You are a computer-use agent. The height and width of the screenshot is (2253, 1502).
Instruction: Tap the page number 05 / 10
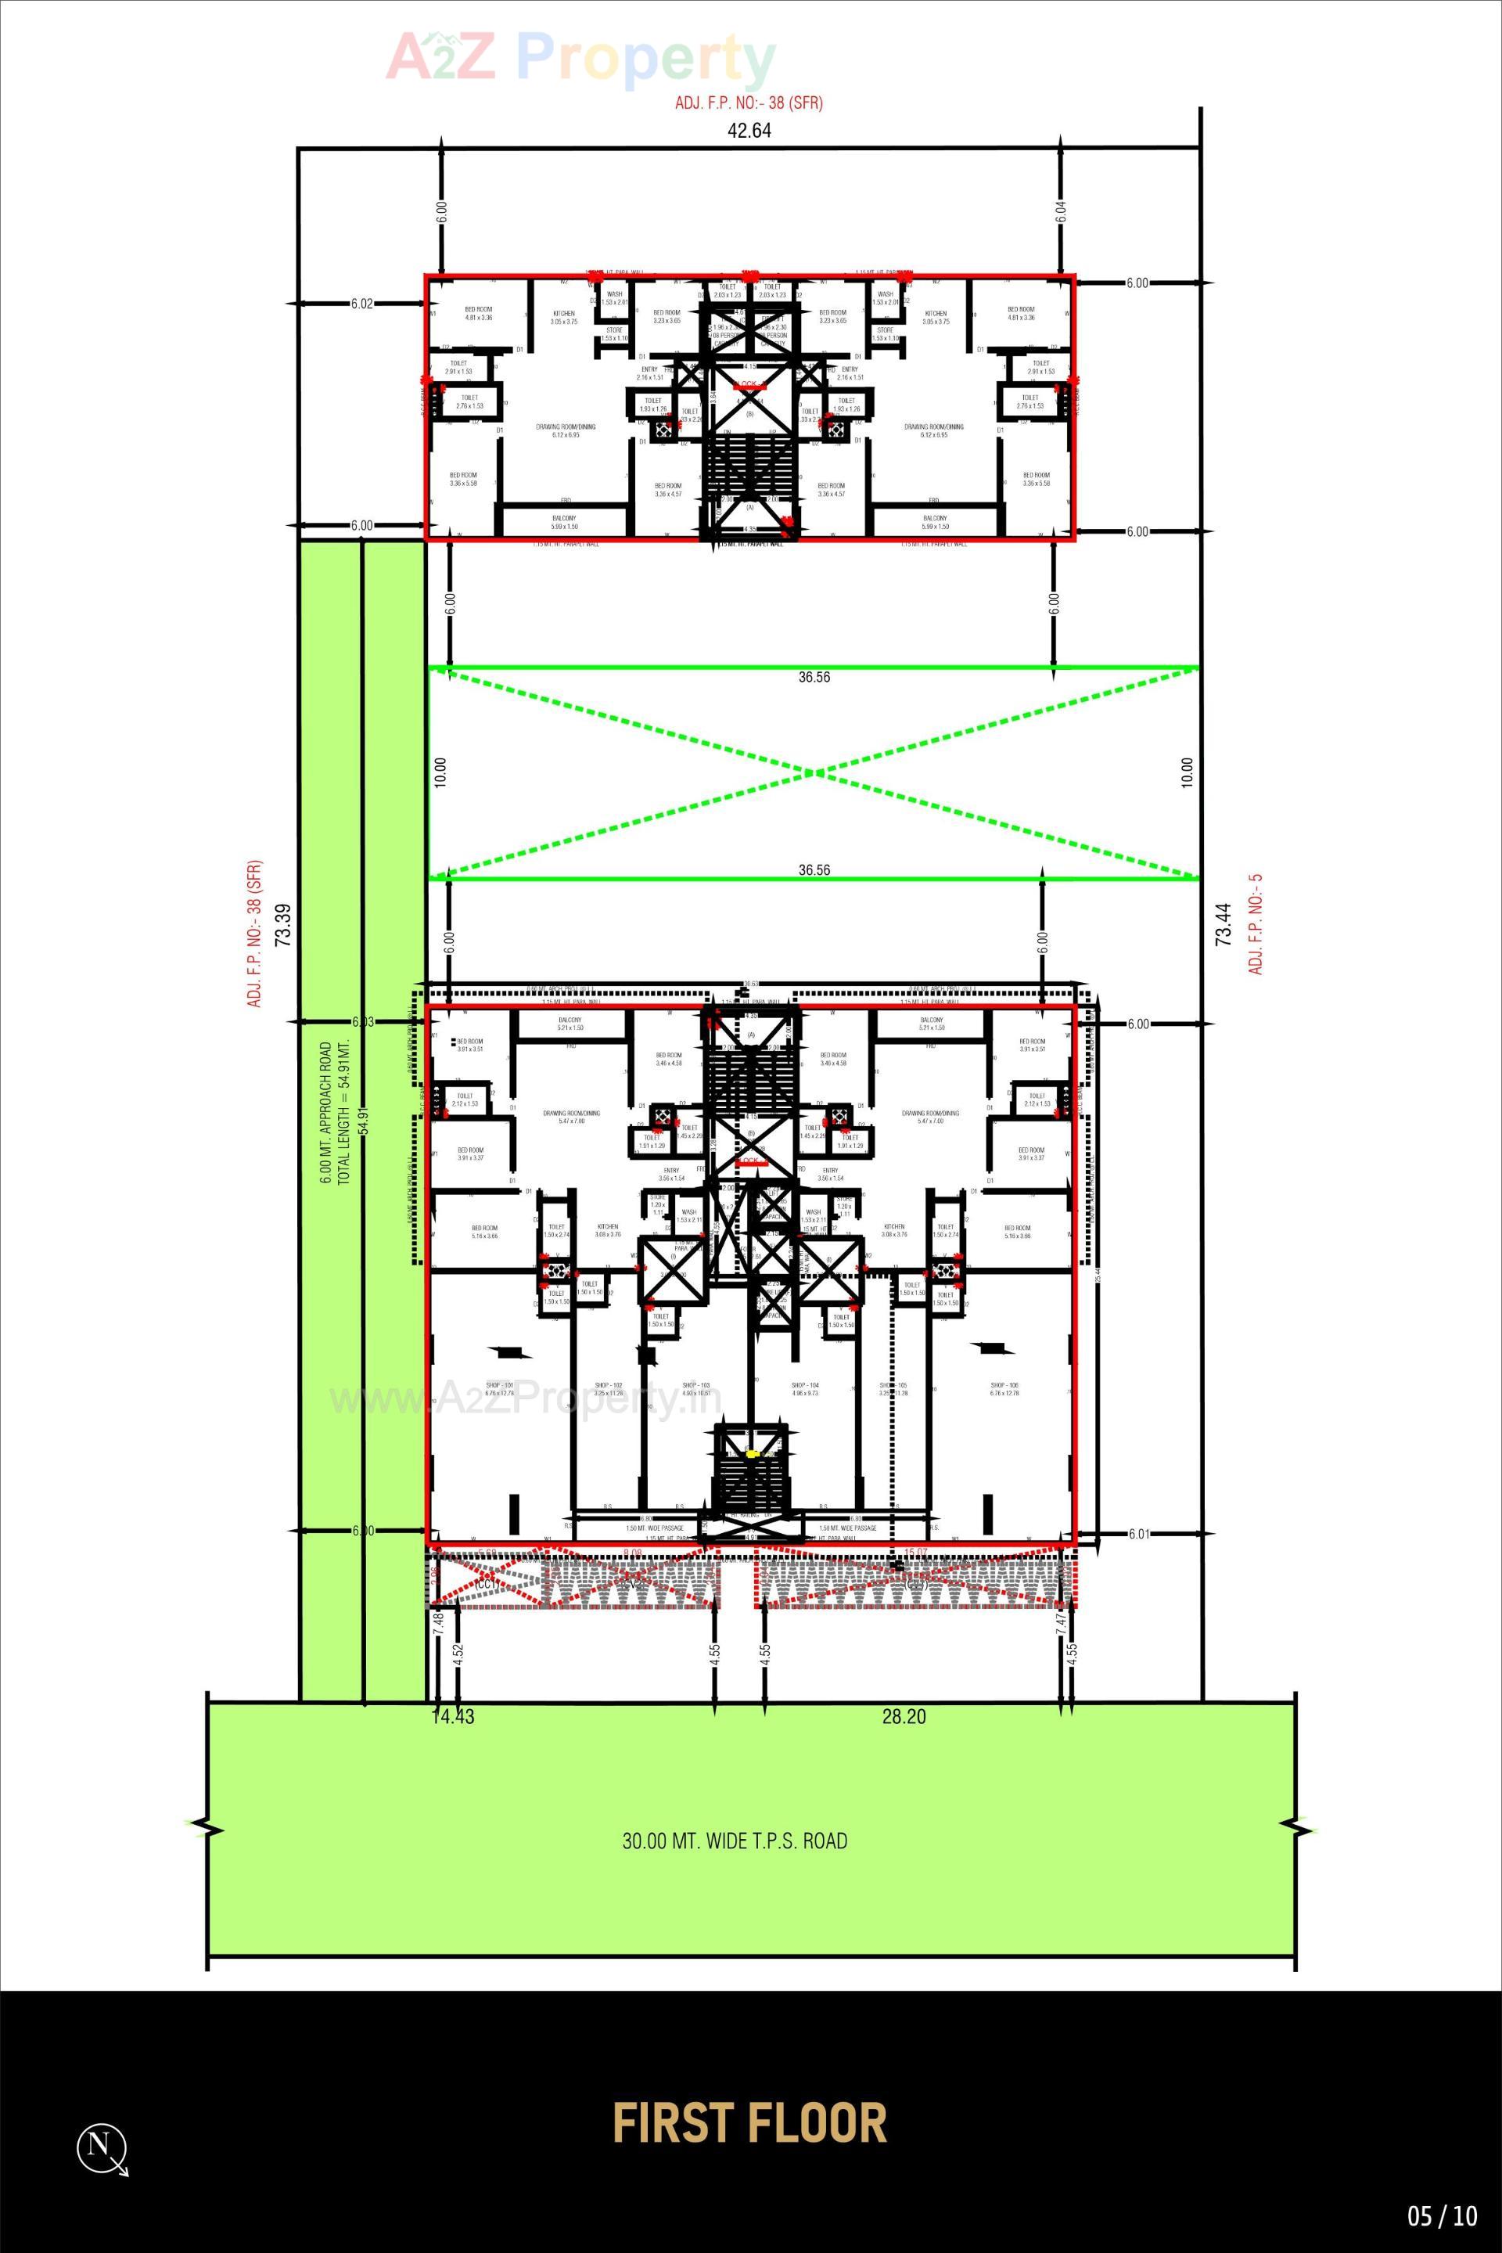pos(1443,2216)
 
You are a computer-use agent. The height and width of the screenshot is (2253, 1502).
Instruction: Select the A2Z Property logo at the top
pos(580,57)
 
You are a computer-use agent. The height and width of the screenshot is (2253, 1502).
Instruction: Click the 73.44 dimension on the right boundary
pos(1222,925)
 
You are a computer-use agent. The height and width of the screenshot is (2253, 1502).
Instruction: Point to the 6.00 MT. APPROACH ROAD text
pos(327,1113)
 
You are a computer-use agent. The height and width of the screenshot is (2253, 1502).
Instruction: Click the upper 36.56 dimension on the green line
pos(814,678)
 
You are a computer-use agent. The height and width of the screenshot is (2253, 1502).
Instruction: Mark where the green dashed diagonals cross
pos(814,772)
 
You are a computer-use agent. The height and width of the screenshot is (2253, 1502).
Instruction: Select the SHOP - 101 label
pos(499,1386)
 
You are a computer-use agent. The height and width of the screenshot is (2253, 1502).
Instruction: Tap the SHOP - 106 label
pos(1003,1386)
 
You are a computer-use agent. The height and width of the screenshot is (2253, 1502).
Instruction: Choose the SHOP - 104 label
pos(805,1386)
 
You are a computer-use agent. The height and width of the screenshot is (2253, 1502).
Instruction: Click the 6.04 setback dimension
pos(1062,211)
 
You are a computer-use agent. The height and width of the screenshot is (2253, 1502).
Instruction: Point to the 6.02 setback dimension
pos(361,304)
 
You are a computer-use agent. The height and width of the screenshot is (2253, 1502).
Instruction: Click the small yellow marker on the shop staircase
pos(752,1454)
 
